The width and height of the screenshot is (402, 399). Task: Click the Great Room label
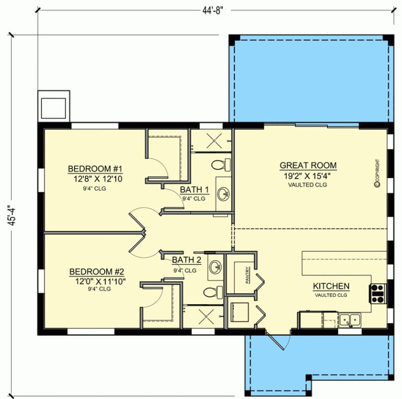(308, 165)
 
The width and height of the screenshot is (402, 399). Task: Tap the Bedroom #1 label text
(95, 169)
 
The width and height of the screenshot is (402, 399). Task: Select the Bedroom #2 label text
(96, 272)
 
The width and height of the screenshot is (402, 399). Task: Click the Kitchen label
(331, 286)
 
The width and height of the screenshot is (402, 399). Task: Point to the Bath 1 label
(194, 189)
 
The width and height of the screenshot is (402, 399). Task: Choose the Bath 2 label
(186, 260)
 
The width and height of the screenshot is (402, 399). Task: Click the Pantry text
(248, 276)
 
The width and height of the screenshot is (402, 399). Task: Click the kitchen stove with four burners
(378, 293)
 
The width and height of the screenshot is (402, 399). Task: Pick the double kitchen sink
(349, 319)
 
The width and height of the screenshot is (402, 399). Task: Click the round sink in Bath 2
(215, 267)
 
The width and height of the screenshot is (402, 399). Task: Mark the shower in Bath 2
(204, 316)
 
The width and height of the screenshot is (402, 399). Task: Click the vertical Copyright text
(376, 173)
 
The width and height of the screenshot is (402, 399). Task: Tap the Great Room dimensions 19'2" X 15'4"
(308, 176)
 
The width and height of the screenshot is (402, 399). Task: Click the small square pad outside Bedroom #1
(53, 106)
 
